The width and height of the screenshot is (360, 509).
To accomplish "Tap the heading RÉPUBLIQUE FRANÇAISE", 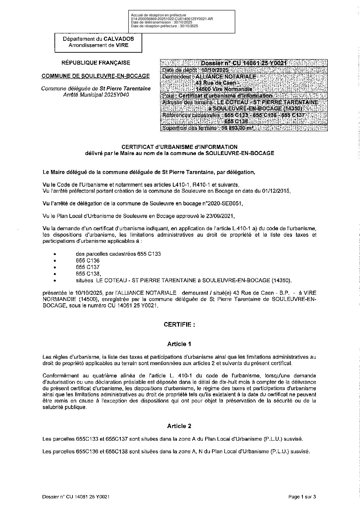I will point(95,63).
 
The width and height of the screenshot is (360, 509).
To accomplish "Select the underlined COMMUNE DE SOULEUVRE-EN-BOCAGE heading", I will point(95,76).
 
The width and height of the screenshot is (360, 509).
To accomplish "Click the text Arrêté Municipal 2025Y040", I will point(95,95).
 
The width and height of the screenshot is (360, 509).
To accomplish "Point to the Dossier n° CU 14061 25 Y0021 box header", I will point(244,63).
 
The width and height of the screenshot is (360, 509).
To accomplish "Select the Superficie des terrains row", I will point(208,128).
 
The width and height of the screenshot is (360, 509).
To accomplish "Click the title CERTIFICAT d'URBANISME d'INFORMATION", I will point(179,147).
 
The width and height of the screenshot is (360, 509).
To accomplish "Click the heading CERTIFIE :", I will point(179,325).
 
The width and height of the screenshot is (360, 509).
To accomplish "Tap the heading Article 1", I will point(179,344).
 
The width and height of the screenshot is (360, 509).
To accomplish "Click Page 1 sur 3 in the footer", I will point(302,497).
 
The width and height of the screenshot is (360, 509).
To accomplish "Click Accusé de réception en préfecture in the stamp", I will point(159,15).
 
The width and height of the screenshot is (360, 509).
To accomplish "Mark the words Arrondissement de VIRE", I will point(98,45).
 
